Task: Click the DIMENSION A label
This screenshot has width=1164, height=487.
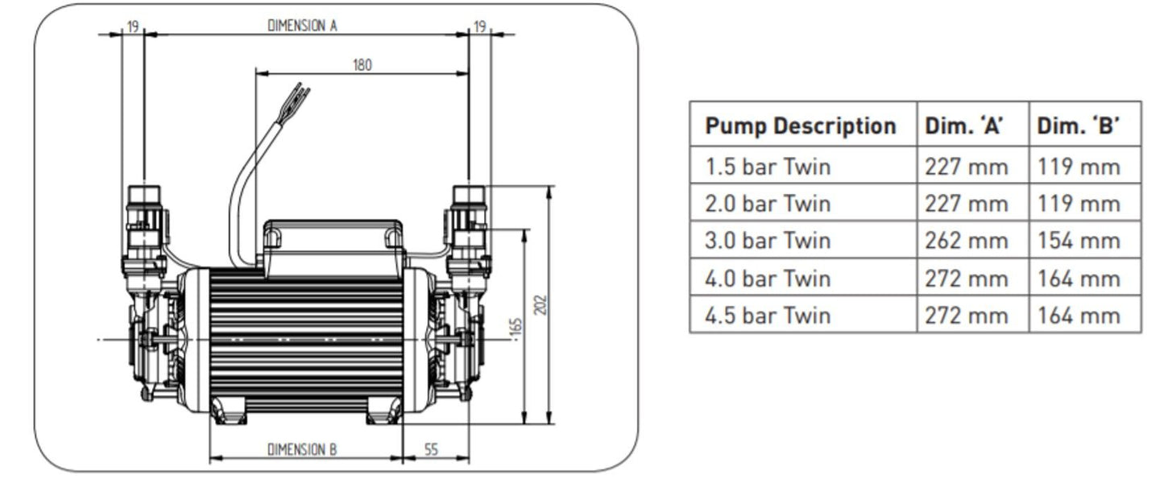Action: (302, 25)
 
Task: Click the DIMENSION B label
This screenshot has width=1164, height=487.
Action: (302, 449)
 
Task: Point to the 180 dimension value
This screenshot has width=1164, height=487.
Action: (362, 65)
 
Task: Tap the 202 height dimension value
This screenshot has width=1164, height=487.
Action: (541, 305)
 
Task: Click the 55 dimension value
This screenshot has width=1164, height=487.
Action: (431, 449)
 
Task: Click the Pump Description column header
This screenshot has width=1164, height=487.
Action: (800, 126)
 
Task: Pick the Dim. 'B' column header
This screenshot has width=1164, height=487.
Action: (1078, 126)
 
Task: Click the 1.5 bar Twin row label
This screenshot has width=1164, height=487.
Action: (767, 167)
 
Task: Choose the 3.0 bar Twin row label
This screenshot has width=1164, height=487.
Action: (767, 241)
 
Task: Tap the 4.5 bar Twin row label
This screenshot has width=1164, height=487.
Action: (767, 315)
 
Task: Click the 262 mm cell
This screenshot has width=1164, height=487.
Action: (967, 241)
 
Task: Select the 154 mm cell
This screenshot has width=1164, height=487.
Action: (1079, 241)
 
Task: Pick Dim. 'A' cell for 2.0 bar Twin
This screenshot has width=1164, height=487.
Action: (967, 204)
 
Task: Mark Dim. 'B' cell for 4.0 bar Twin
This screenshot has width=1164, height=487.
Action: (1079, 279)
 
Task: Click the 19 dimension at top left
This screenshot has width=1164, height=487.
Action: (132, 27)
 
